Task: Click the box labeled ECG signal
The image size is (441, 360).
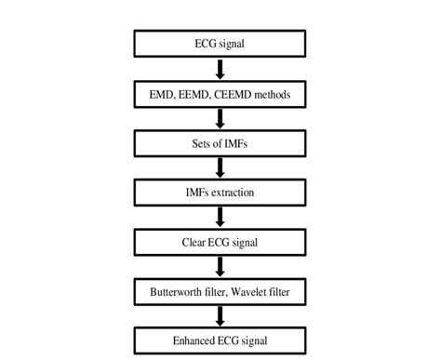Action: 220,45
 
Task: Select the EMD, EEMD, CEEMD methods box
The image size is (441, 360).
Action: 220,94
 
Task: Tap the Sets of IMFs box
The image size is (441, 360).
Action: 220,144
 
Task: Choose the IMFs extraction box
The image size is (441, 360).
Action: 220,193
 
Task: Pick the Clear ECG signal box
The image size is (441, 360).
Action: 220,242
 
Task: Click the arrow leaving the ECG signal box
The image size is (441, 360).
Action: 220,70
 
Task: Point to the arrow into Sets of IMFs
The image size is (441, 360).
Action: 220,119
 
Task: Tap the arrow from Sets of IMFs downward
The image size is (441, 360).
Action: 220,168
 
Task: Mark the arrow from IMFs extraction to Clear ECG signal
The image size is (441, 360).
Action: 220,218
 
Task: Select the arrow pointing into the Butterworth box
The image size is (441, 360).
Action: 220,267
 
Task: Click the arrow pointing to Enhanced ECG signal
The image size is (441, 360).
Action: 220,315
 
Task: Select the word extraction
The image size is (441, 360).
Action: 234,193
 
